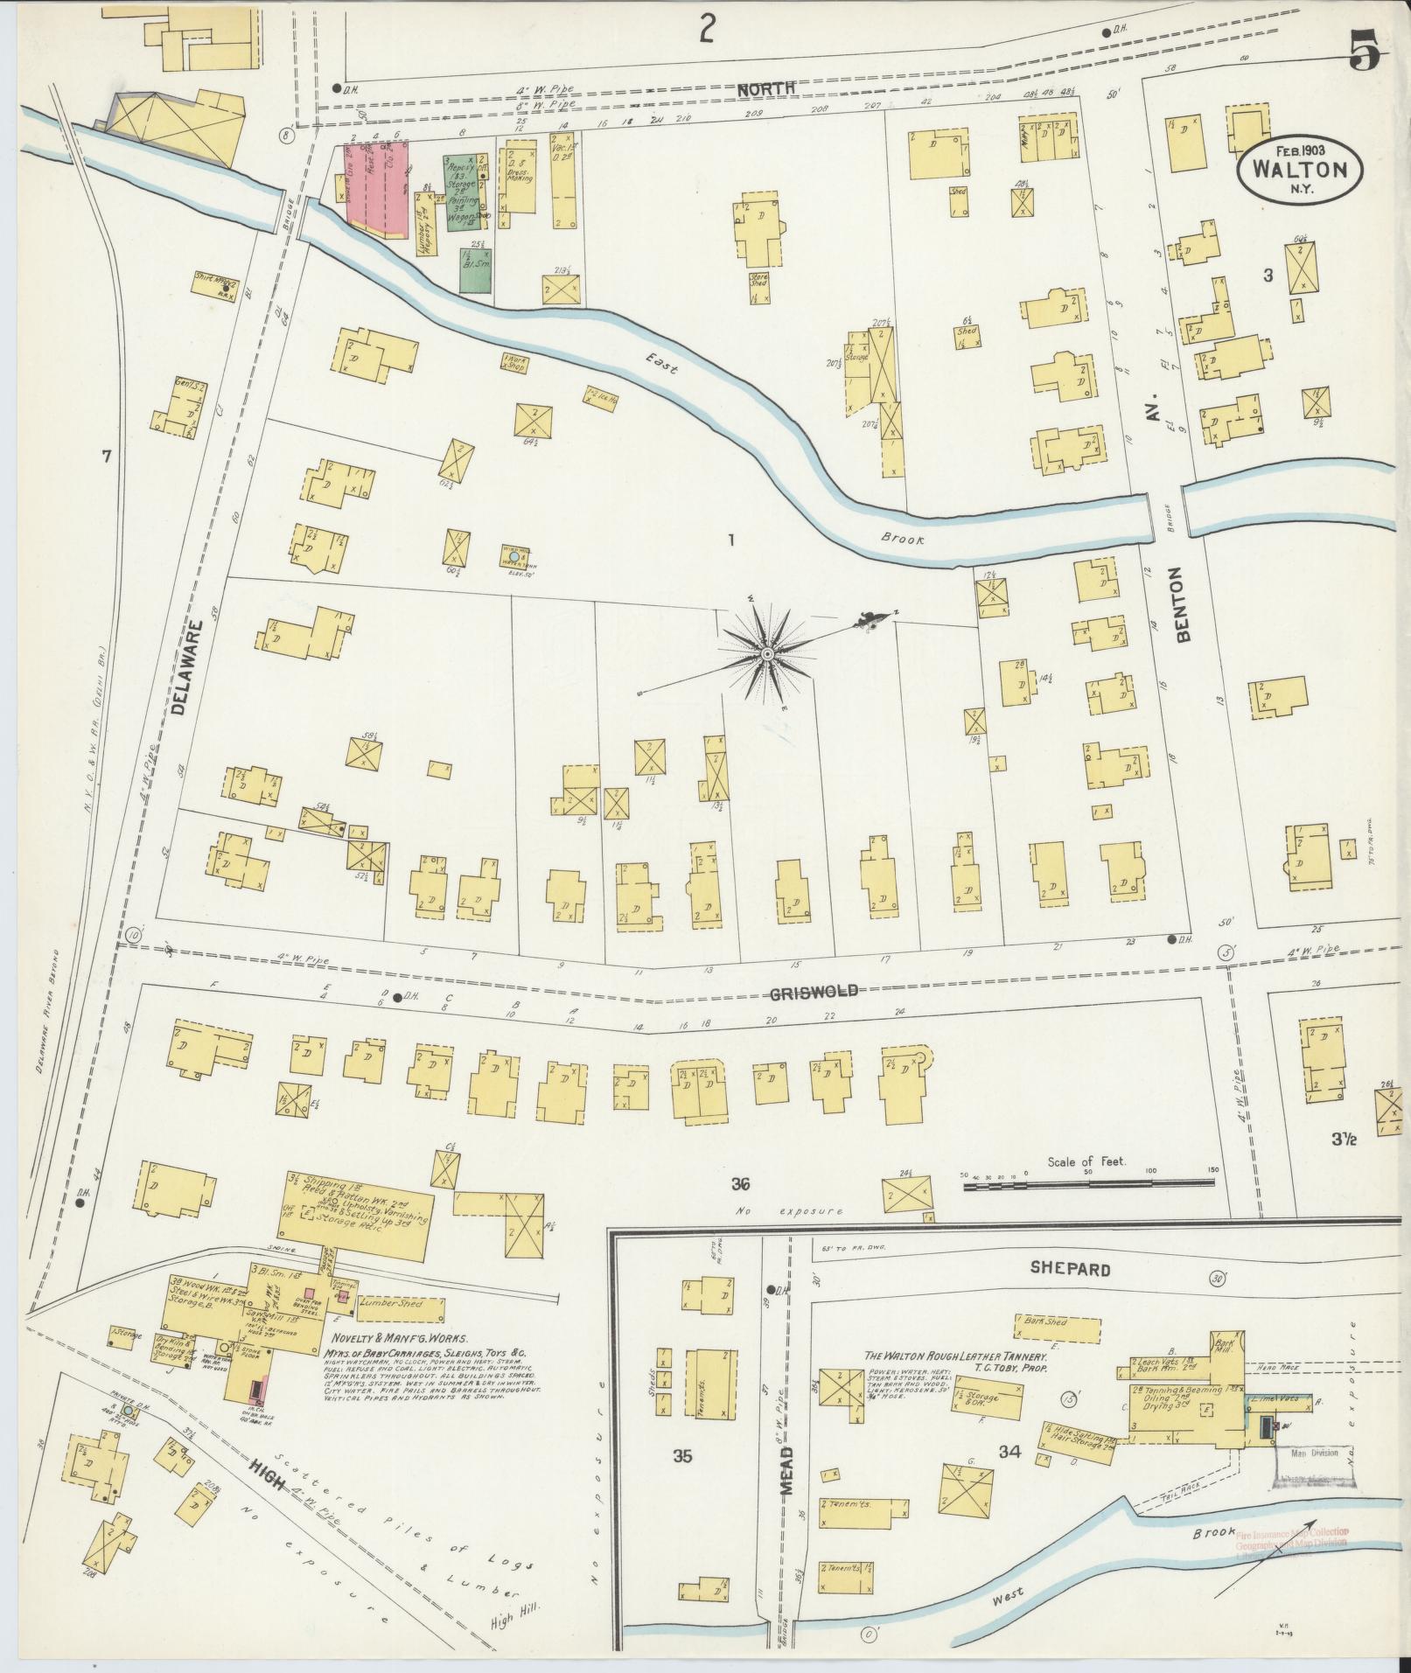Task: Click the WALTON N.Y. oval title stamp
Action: pyautogui.click(x=1299, y=171)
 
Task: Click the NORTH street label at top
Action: pyautogui.click(x=765, y=87)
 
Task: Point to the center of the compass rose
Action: pyautogui.click(x=767, y=654)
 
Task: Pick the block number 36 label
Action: pyautogui.click(x=741, y=1184)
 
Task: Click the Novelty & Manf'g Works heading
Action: pyautogui.click(x=400, y=1338)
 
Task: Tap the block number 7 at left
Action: pyautogui.click(x=107, y=456)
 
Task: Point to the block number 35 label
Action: pyautogui.click(x=682, y=1456)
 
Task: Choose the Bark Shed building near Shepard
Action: pyautogui.click(x=1053, y=1322)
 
